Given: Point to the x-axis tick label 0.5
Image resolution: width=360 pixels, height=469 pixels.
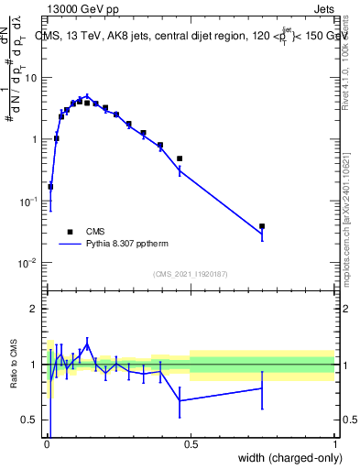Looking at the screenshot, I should tap(191, 443).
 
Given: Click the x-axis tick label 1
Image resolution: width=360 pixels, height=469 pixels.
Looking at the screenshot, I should tap(335, 443).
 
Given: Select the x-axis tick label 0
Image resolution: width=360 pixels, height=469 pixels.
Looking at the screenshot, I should tap(47, 443).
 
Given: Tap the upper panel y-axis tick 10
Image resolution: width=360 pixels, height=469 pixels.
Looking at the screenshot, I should tap(31, 77).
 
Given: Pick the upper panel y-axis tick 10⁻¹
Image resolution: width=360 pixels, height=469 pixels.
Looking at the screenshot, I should tap(29, 201).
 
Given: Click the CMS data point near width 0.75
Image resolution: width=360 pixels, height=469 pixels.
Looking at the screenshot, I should tap(262, 226).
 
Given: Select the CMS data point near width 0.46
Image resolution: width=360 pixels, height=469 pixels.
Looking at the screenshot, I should tap(180, 158).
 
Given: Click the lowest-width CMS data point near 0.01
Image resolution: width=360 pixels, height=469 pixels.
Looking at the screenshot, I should tap(50, 187).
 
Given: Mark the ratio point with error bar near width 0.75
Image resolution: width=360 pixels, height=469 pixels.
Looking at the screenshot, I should tap(262, 388).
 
